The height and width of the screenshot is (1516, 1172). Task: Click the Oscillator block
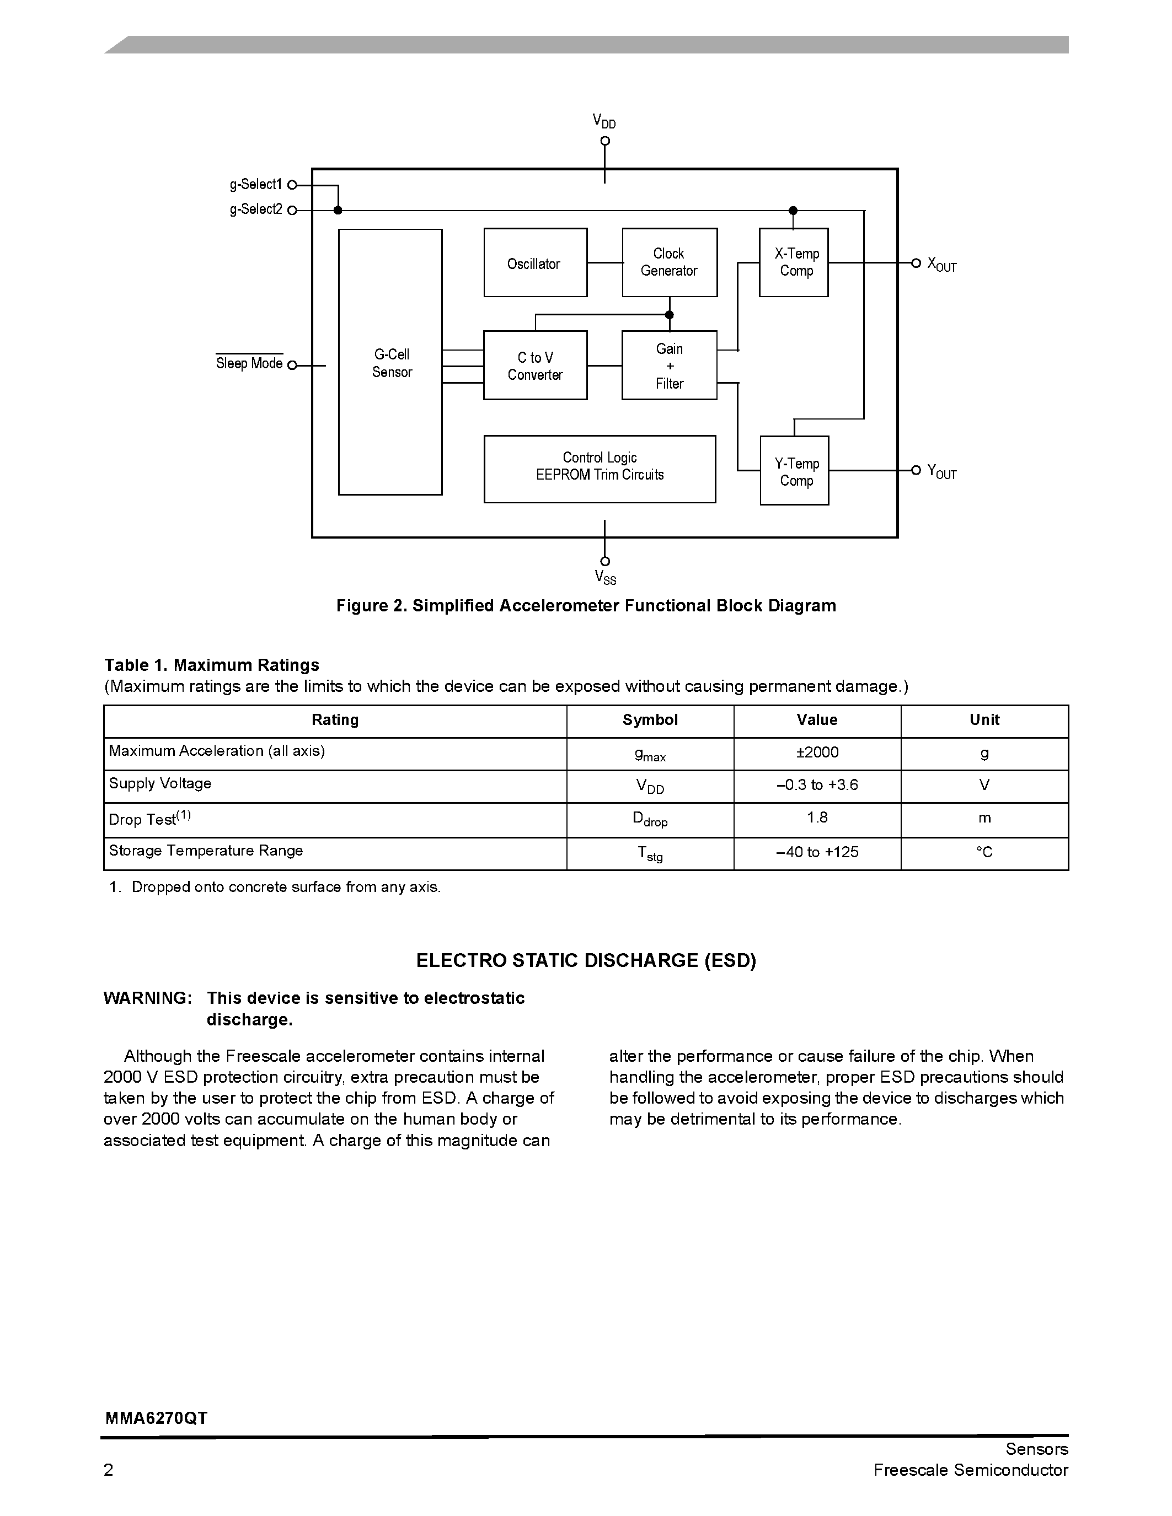(534, 262)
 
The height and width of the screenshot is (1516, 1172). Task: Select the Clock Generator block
(670, 262)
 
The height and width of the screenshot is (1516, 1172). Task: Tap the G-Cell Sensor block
(390, 362)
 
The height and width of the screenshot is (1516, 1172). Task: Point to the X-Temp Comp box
(794, 262)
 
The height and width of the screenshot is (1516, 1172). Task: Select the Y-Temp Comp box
(794, 471)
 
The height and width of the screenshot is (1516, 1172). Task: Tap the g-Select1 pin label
(255, 185)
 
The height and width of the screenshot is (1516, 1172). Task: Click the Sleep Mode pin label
(249, 364)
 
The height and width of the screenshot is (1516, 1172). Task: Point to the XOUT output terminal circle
(915, 263)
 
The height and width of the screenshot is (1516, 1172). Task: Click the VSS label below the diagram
(604, 578)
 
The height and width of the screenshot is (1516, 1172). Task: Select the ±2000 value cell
(817, 752)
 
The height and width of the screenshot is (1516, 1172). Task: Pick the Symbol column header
(650, 720)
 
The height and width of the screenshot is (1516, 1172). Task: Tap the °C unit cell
(984, 852)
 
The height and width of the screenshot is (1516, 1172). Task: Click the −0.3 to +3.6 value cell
(817, 785)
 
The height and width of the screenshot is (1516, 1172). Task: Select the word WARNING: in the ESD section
(147, 998)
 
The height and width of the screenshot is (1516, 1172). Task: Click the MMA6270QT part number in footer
(156, 1418)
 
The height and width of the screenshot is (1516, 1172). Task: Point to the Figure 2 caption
(586, 606)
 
